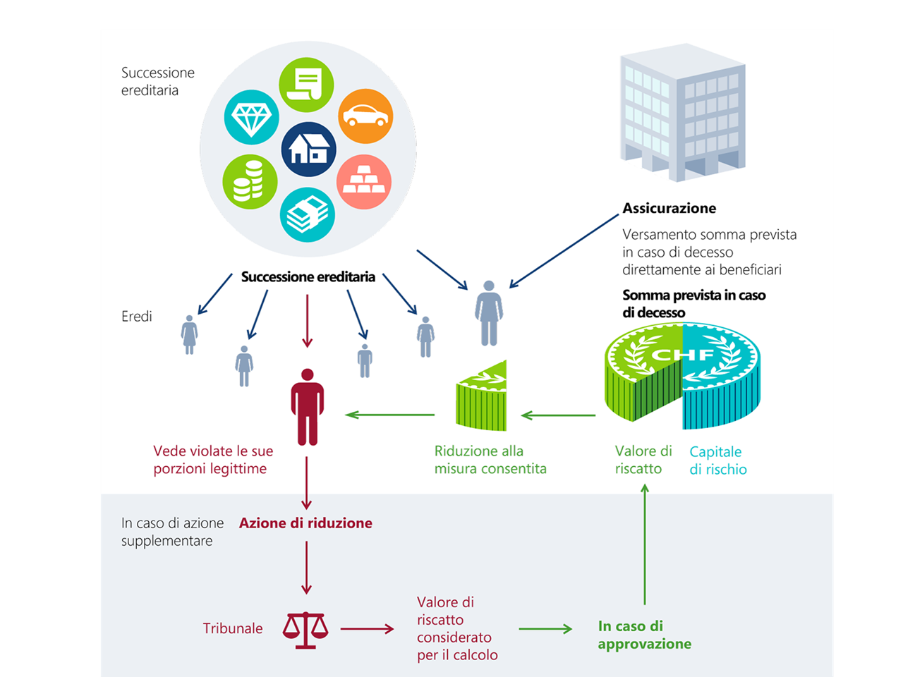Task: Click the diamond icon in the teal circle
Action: (251, 117)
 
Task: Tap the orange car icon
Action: (365, 116)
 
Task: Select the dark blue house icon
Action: (308, 149)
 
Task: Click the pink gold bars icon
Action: (363, 182)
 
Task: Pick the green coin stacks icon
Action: (250, 182)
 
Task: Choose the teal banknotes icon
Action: (307, 214)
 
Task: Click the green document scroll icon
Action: (306, 85)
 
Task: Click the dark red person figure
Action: (307, 408)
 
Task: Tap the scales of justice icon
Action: (305, 630)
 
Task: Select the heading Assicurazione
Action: (669, 208)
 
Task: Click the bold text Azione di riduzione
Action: (305, 523)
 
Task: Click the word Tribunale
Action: (233, 628)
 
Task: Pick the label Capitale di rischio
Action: (717, 461)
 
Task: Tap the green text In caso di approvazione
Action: (644, 635)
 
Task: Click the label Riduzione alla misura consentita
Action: (490, 460)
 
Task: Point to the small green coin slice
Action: (483, 398)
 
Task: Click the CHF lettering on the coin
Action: (682, 354)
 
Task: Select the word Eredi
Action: (136, 317)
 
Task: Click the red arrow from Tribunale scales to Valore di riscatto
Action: (367, 628)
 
